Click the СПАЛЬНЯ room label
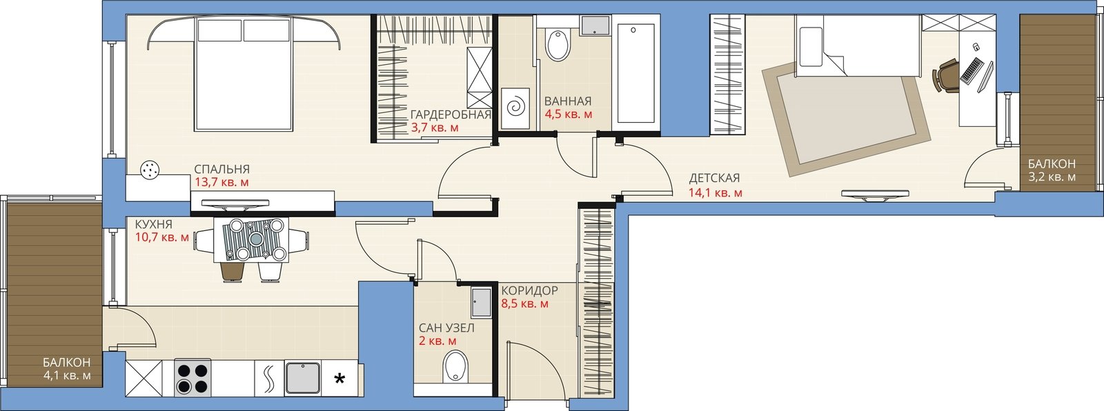[221, 169]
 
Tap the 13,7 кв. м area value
[221, 182]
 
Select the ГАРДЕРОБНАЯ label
[451, 115]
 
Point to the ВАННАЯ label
[568, 101]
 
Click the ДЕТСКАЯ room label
[714, 178]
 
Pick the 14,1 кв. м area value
[715, 192]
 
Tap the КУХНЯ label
[154, 225]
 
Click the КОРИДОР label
[530, 291]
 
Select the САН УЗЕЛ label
[446, 328]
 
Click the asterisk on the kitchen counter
[339, 379]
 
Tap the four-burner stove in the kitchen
[193, 377]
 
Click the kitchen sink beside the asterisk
[303, 378]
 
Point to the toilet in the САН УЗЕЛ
[456, 367]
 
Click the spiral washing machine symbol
[516, 108]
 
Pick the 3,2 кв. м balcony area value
[1052, 177]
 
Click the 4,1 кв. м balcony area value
[67, 376]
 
